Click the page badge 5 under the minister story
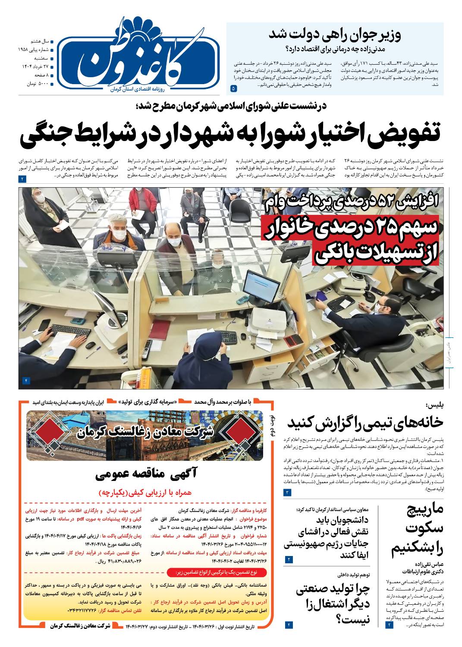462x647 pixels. click(x=233, y=88)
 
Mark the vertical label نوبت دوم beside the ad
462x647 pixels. click(x=271, y=427)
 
